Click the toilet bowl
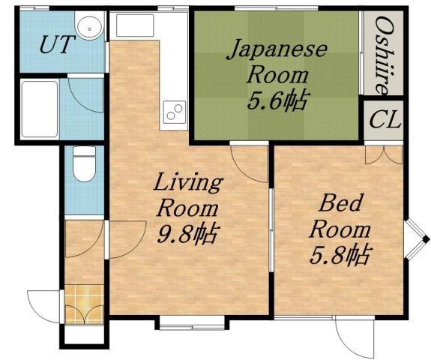coord(83,164)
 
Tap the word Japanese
coord(277,50)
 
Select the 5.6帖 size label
coord(277,100)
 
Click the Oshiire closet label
coord(383,54)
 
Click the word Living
coord(188,182)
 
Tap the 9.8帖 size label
coord(187,234)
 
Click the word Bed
coord(340,202)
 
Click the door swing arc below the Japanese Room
coord(247,159)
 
